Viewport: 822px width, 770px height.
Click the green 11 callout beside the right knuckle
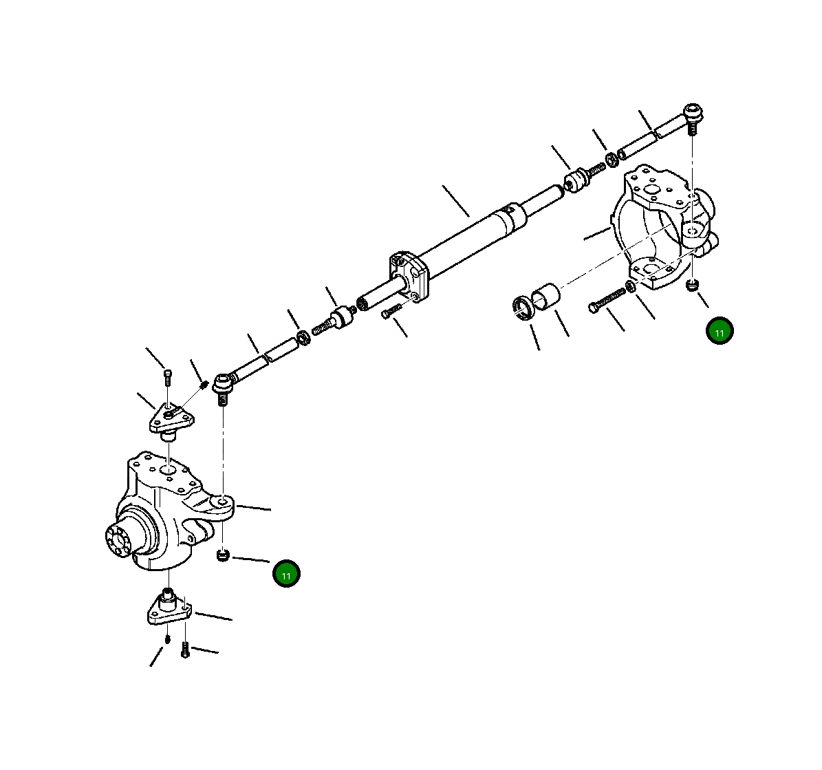720,332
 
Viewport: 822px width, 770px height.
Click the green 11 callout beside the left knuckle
286,574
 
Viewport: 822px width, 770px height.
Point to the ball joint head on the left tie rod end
224,383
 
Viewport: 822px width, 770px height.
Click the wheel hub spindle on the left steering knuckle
120,539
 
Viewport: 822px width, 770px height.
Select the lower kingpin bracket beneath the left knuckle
169,609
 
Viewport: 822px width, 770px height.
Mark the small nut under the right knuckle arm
693,285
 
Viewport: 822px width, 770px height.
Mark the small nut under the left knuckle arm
222,555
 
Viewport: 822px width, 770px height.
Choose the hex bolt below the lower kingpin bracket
184,649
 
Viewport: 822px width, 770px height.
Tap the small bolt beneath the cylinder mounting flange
390,312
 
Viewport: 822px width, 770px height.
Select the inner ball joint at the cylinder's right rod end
576,180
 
